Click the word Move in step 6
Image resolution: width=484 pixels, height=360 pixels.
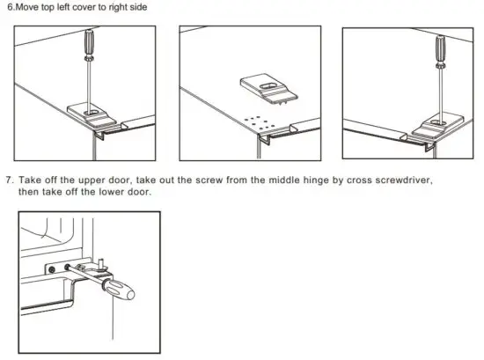click(x=26, y=7)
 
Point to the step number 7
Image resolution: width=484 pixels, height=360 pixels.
click(x=8, y=180)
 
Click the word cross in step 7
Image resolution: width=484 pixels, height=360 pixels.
click(x=349, y=180)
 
